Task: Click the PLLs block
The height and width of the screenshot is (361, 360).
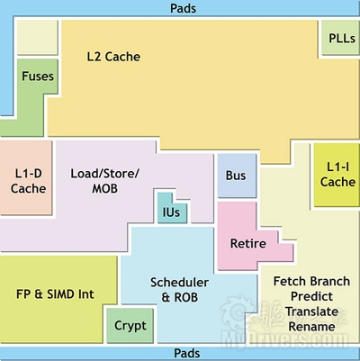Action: click(340, 38)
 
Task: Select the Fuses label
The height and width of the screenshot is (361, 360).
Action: click(38, 77)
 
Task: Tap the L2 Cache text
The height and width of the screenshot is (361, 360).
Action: click(113, 57)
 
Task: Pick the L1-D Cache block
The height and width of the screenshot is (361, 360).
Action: click(26, 177)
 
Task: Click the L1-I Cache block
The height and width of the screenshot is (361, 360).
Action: click(337, 175)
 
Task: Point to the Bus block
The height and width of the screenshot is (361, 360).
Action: click(237, 176)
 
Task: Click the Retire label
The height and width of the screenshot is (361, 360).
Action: click(248, 243)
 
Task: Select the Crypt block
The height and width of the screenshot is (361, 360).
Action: click(130, 325)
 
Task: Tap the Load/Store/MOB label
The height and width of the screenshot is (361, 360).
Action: click(104, 181)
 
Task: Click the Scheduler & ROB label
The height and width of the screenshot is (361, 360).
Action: click(179, 290)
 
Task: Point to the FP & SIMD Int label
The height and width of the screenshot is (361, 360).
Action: click(55, 293)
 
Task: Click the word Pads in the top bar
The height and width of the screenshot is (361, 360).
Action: click(183, 8)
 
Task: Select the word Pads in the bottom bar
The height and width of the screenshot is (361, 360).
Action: click(186, 353)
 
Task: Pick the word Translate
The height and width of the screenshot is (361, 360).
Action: click(311, 311)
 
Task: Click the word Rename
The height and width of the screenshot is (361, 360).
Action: click(311, 327)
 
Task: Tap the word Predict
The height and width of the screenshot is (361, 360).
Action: click(311, 296)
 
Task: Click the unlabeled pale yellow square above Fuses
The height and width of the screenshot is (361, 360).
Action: click(37, 38)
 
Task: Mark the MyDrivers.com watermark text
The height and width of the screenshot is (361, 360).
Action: click(284, 340)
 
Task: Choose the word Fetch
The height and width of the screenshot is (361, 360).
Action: click(288, 281)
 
